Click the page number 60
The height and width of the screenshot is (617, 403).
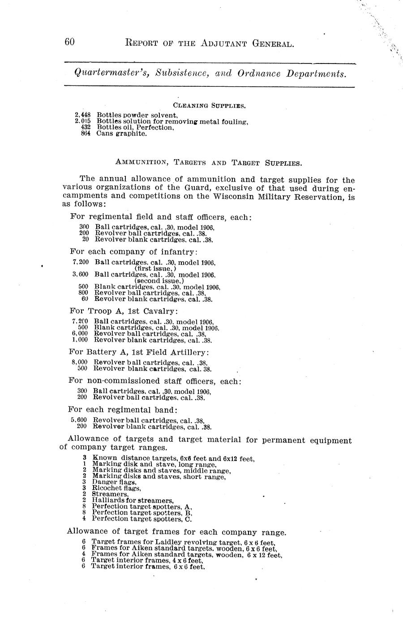coord(69,42)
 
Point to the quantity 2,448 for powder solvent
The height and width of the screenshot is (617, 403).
coord(83,115)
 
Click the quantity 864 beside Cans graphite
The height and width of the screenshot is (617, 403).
coord(86,133)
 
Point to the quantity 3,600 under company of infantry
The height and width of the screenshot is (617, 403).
coord(81,274)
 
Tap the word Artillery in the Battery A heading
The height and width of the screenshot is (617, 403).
coord(188,352)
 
